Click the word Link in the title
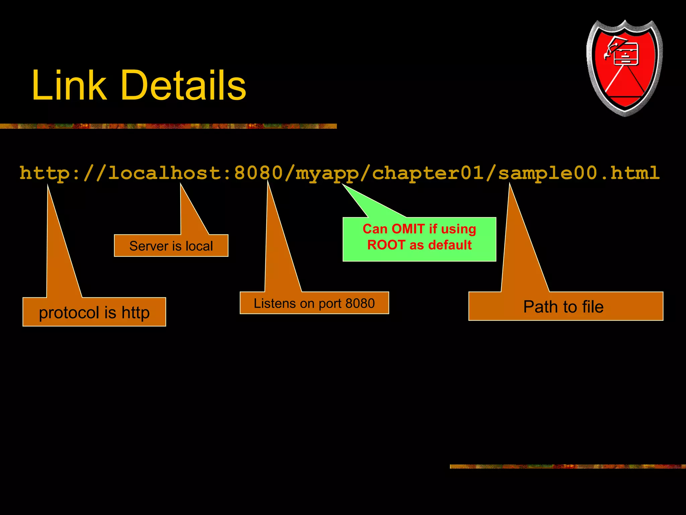click(69, 85)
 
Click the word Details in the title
click(183, 85)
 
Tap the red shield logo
click(624, 67)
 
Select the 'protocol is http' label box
click(94, 312)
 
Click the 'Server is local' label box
click(171, 246)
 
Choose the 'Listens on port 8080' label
click(314, 303)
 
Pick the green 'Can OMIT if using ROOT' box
click(419, 239)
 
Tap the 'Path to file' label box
click(565, 306)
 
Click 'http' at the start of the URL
click(45, 173)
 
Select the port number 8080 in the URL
click(258, 173)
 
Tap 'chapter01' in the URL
click(428, 173)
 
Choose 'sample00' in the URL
click(548, 173)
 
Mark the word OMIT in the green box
click(408, 229)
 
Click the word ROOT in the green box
click(386, 245)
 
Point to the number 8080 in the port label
click(360, 303)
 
